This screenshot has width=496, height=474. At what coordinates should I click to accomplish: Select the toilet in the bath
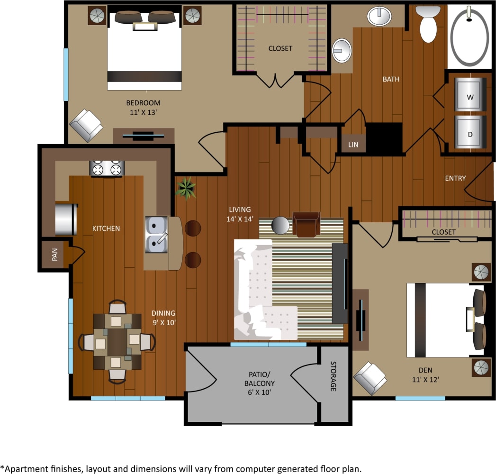click(x=429, y=25)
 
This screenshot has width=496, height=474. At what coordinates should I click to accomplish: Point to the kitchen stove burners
click(x=107, y=168)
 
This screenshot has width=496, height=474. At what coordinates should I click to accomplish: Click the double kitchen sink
click(x=156, y=235)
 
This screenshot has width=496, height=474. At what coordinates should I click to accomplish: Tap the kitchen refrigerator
click(x=65, y=219)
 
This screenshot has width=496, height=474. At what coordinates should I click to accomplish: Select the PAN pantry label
click(x=54, y=256)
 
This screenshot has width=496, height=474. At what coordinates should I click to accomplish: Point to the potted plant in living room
click(x=186, y=188)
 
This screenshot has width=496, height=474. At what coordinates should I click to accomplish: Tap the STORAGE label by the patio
click(x=334, y=377)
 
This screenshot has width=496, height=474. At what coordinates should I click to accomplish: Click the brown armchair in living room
click(x=307, y=224)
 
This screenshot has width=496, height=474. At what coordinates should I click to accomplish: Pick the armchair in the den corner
click(x=370, y=378)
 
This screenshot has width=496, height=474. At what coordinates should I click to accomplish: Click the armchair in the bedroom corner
click(x=86, y=125)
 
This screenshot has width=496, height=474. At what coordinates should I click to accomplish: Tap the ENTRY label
click(x=455, y=178)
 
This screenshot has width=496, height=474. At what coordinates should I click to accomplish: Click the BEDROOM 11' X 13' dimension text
click(x=143, y=107)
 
